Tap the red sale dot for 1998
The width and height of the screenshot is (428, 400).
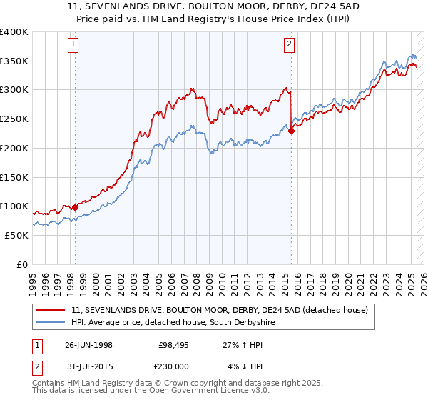coord(76,207)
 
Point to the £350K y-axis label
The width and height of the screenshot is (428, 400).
coord(14,61)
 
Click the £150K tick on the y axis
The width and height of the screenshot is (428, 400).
coord(14,177)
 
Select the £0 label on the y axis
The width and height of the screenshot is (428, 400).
coord(22,264)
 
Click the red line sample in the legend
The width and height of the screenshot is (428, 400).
coord(51,310)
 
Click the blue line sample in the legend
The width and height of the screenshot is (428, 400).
coord(51,323)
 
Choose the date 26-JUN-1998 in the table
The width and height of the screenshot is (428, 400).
coord(88,345)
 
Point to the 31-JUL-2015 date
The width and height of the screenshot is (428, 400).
coord(88,366)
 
